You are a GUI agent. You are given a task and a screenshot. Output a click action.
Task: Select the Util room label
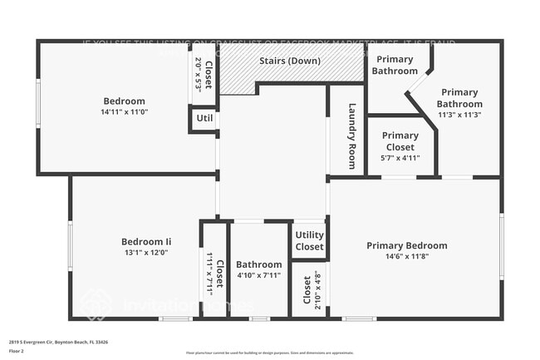tap(204, 119)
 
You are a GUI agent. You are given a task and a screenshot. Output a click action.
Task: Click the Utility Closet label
tap(309, 241)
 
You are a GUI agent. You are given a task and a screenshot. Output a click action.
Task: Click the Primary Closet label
tap(400, 141)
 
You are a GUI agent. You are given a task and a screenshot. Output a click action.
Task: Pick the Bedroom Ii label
tap(145, 242)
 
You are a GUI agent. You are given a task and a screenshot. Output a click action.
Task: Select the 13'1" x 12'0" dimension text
tap(145, 253)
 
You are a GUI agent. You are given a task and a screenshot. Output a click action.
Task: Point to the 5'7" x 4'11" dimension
tap(400, 157)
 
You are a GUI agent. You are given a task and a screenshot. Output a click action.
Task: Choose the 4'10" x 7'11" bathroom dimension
tap(258, 275)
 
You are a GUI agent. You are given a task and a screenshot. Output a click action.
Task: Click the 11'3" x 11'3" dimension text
tap(459, 116)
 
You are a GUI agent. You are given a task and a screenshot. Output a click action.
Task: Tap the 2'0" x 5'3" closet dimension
tap(198, 73)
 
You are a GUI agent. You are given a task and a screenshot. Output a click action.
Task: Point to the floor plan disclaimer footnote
tap(269, 353)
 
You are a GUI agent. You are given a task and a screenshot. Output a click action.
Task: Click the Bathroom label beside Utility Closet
tap(258, 264)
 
